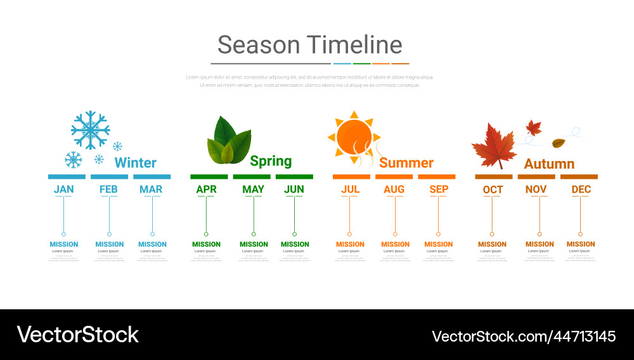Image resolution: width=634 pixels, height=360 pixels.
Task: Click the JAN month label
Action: click(x=63, y=189)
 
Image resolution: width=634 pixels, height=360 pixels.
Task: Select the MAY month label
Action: click(x=253, y=189)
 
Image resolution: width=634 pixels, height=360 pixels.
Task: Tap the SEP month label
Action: click(x=438, y=189)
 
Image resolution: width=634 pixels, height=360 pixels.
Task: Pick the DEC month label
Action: click(x=581, y=189)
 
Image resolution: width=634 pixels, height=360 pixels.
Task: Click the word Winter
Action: click(x=135, y=163)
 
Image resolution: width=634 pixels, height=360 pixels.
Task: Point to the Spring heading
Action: click(x=271, y=161)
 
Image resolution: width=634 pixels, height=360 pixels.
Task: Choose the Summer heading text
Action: click(x=406, y=163)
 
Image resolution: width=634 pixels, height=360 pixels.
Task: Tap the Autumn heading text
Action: click(x=549, y=164)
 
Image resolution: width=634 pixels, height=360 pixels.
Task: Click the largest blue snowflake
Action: click(x=90, y=130)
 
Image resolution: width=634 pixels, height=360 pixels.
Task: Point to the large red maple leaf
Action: click(x=495, y=146)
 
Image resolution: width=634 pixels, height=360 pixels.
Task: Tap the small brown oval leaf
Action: click(x=559, y=143)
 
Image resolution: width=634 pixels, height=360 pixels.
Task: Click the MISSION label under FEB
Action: click(x=109, y=244)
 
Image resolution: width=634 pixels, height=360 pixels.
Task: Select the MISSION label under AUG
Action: click(x=395, y=244)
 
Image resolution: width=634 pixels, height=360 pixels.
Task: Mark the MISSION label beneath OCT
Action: click(x=492, y=244)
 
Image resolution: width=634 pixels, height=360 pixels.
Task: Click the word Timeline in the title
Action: click(x=354, y=45)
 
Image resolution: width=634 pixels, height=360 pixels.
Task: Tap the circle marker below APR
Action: click(x=206, y=234)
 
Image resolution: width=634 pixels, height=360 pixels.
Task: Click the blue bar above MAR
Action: click(x=152, y=177)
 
